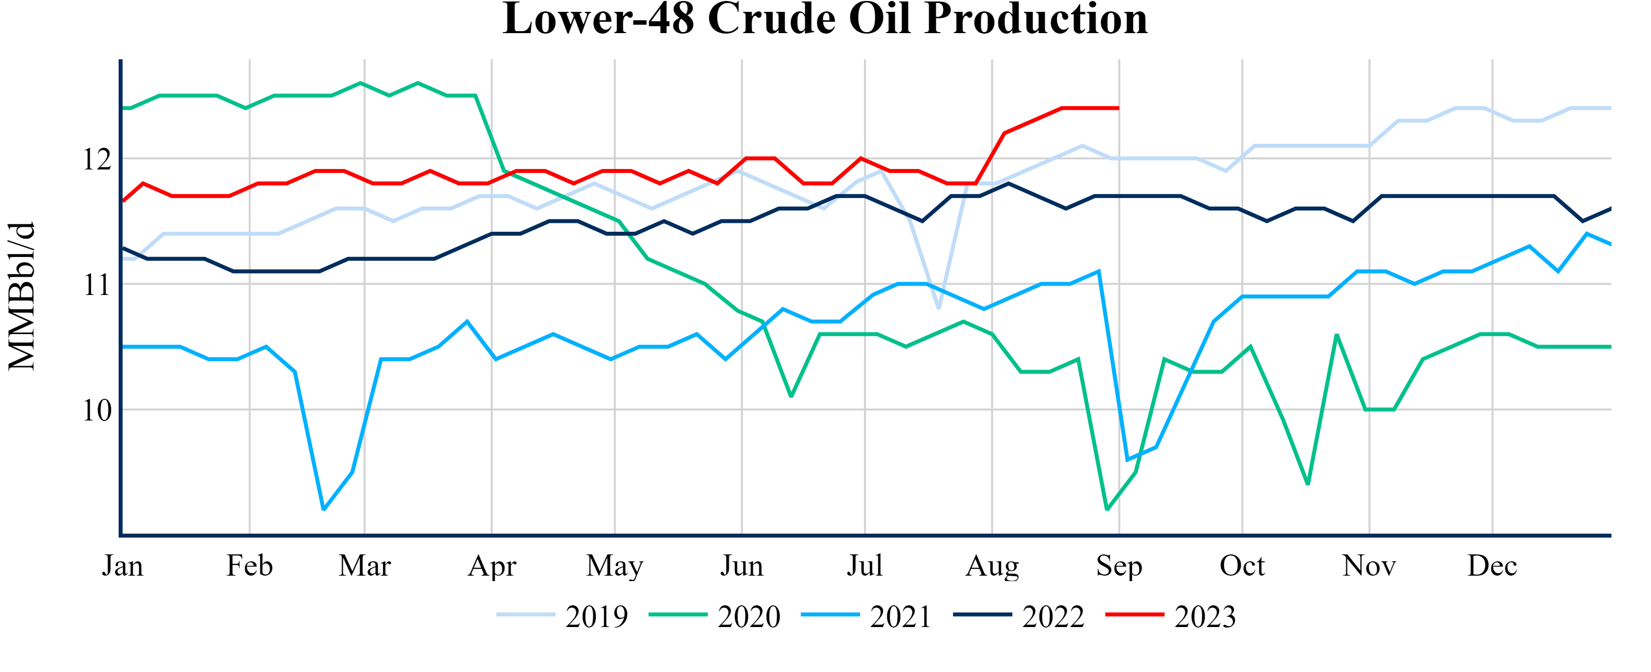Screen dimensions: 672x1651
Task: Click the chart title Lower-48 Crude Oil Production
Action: coord(825,19)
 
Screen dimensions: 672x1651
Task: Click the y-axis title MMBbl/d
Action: coord(22,296)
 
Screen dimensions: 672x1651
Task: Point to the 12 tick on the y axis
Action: coord(97,159)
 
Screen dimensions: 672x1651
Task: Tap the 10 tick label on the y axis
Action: coord(97,410)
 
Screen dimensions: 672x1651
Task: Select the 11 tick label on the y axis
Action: coord(97,285)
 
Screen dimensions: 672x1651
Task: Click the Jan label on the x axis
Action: coord(123,566)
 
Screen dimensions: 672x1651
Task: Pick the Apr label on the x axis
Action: coord(491,566)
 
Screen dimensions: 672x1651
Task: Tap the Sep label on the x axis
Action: coord(1119,566)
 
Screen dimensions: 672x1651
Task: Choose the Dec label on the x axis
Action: coord(1492,566)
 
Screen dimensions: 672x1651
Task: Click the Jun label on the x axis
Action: coord(741,566)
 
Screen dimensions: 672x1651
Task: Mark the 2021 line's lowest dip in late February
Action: coord(324,509)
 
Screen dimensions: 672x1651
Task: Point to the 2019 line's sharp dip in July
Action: coord(939,308)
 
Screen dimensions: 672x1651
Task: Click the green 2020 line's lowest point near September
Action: coord(1107,509)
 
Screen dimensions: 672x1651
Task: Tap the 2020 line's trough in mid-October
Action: coord(1307,484)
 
